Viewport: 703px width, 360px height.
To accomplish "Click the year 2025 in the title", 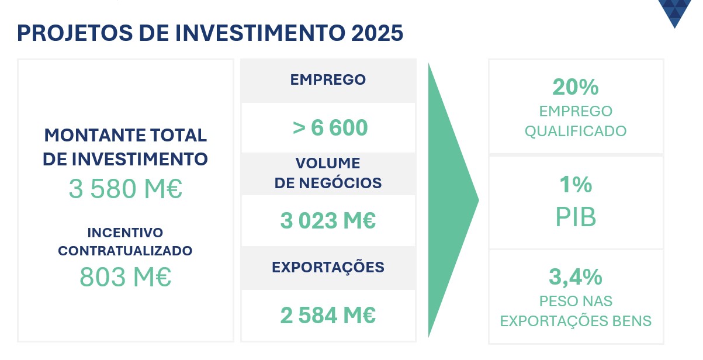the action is click(x=377, y=33).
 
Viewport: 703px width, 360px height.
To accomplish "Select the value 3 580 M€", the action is click(x=126, y=189).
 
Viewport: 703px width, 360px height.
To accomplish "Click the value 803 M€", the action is click(x=126, y=277).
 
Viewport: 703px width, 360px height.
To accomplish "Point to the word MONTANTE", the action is click(x=95, y=135).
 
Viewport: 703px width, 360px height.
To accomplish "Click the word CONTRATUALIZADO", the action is click(x=125, y=251).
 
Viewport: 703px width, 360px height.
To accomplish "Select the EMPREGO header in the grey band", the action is click(x=328, y=79).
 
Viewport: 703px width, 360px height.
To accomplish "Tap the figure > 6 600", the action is click(x=330, y=127).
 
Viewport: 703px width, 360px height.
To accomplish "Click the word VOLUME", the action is click(x=328, y=163).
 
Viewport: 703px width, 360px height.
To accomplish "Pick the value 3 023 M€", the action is click(x=328, y=220).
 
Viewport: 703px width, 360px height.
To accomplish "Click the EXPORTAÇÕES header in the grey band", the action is click(x=328, y=268).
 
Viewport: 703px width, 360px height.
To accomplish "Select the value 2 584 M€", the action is click(x=328, y=315).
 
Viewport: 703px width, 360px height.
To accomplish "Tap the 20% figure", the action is click(x=576, y=87).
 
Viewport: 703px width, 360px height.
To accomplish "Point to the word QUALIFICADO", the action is click(x=576, y=131).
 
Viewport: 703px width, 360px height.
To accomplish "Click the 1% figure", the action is click(x=576, y=185).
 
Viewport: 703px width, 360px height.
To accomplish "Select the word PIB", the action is click(x=576, y=217).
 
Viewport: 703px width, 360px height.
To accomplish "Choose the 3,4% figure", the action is click(x=576, y=278).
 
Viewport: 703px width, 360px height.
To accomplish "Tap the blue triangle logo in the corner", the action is click(x=675, y=12).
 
